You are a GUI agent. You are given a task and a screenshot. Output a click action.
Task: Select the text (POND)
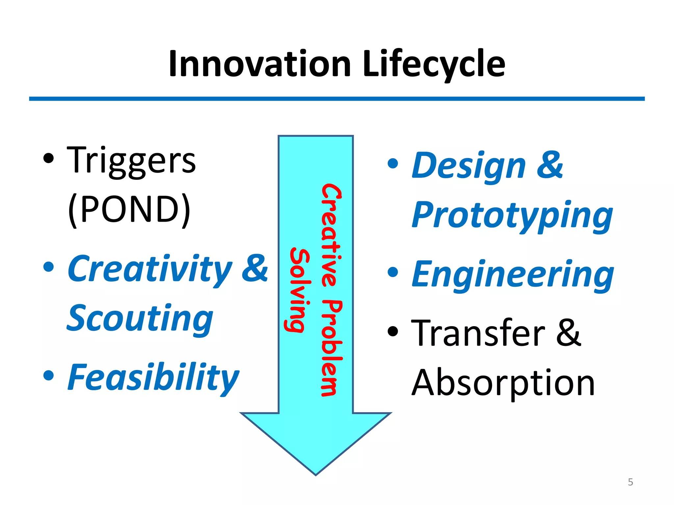point(129,209)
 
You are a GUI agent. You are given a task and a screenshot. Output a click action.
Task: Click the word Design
point(469,166)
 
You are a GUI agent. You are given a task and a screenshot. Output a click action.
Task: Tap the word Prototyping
point(512,215)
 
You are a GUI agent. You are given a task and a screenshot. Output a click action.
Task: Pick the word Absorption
point(503,383)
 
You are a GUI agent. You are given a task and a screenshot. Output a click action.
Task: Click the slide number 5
point(630,482)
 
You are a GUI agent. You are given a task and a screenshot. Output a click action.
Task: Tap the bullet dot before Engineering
point(393,272)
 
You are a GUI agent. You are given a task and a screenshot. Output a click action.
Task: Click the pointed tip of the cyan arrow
point(316,473)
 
